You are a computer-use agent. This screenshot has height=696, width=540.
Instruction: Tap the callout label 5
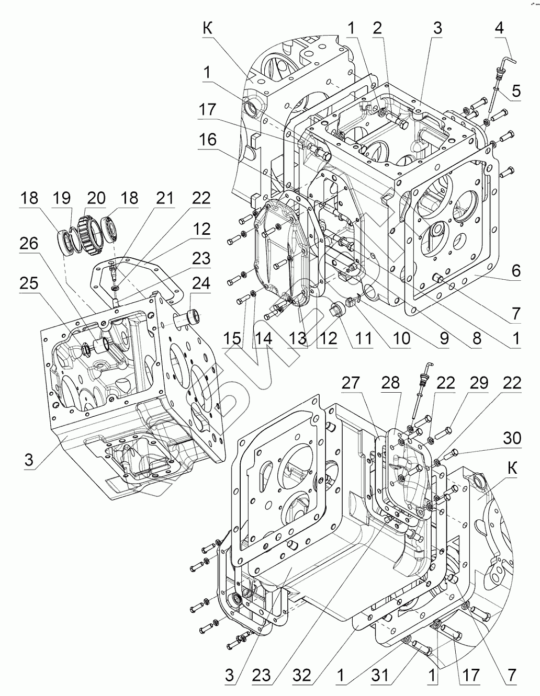coord(516,91)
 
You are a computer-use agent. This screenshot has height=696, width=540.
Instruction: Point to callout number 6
coord(516,270)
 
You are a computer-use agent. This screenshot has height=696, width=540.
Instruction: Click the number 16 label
coord(208,140)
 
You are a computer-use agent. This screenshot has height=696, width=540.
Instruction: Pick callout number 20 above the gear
coord(96,198)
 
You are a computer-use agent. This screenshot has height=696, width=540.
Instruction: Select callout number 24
coord(201,283)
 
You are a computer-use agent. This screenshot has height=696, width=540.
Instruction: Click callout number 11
coord(362,338)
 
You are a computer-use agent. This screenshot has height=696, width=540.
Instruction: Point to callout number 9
coord(444,338)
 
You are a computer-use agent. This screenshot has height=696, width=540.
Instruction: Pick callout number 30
coord(512,438)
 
